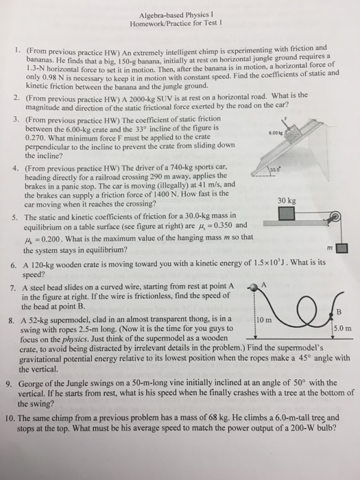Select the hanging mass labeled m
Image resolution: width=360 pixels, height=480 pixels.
341,248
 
